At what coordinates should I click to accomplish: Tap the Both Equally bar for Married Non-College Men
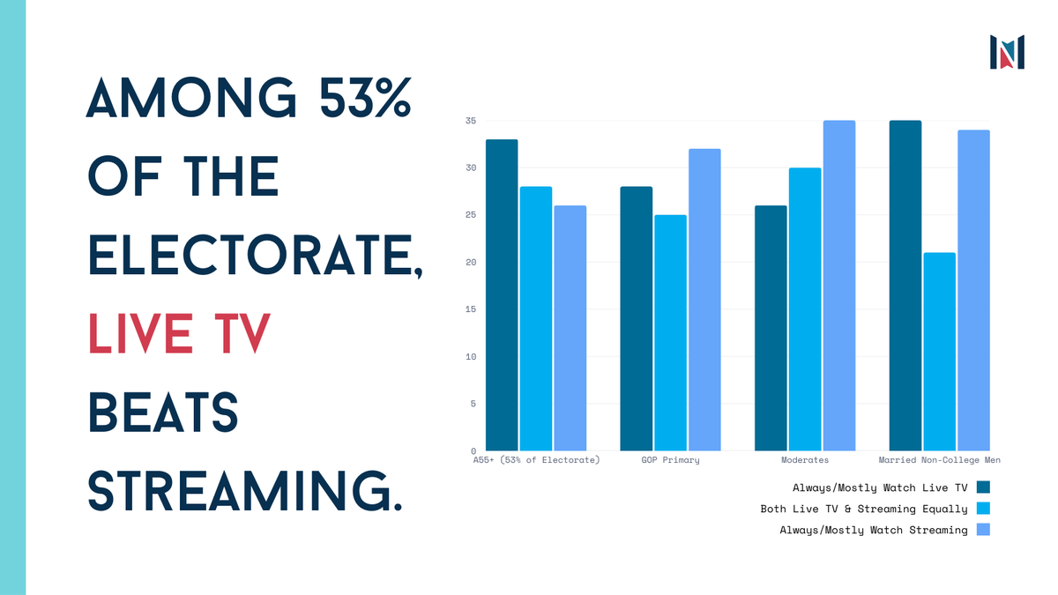(x=939, y=352)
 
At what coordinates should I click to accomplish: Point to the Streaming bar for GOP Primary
(x=704, y=300)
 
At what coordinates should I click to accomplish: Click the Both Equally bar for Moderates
(x=805, y=309)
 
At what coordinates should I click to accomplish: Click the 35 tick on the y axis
(x=471, y=121)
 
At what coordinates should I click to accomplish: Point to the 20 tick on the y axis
(x=471, y=263)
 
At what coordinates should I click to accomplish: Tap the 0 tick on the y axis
(x=473, y=451)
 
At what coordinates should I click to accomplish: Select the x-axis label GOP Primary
(x=670, y=460)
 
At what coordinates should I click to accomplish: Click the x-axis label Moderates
(x=805, y=460)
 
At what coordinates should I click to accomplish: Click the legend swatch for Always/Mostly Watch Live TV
(x=984, y=487)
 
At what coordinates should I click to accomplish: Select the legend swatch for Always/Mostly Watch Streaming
(x=984, y=530)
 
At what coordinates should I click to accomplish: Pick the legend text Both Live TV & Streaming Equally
(x=864, y=509)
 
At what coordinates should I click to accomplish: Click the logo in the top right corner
(x=1007, y=52)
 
